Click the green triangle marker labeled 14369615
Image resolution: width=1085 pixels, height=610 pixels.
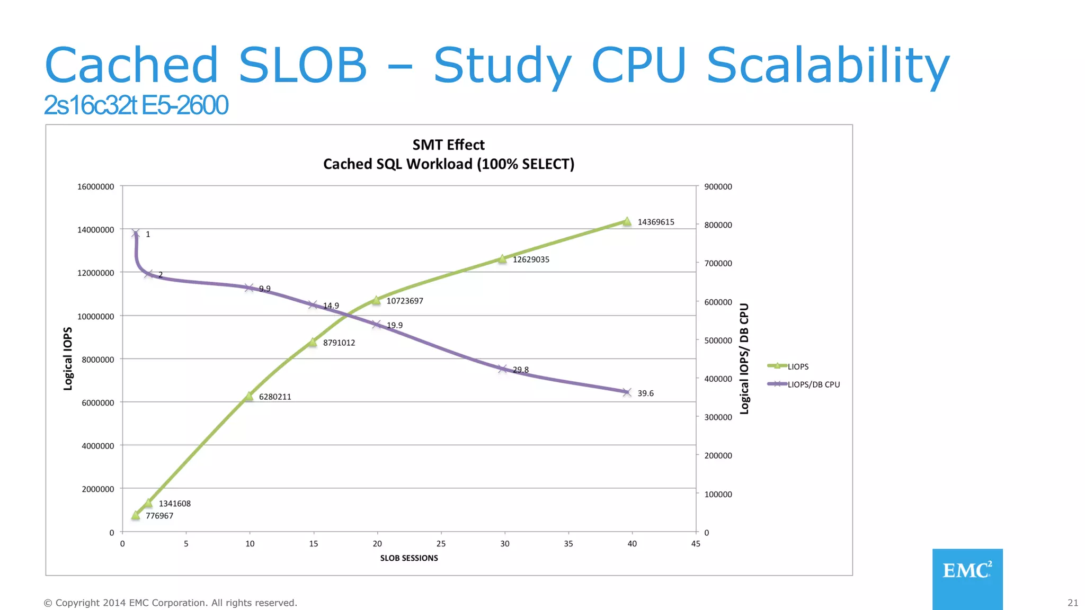pos(627,222)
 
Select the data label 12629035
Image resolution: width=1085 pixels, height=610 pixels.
pos(531,259)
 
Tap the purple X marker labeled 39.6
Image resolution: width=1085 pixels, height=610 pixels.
pos(627,392)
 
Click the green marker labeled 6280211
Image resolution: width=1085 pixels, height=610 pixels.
pos(249,396)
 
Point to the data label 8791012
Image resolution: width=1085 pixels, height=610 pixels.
pos(339,343)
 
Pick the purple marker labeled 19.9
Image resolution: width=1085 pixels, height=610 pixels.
pos(377,324)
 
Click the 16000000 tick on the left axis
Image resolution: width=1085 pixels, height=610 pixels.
pos(95,187)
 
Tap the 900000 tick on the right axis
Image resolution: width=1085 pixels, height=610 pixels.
pos(718,187)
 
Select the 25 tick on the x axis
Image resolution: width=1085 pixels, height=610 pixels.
pos(441,544)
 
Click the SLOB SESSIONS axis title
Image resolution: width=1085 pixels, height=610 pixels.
pos(409,558)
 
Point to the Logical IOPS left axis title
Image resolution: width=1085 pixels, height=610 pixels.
pos(68,358)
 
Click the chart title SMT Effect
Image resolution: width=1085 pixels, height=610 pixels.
pos(448,145)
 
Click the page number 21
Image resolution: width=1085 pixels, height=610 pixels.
pos(1072,603)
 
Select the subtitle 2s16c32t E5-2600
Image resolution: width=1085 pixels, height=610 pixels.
pos(136,105)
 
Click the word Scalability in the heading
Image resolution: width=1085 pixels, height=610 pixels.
pos(828,66)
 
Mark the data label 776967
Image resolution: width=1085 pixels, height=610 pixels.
pos(159,516)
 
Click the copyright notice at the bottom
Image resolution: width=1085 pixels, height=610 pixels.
pos(170,603)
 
